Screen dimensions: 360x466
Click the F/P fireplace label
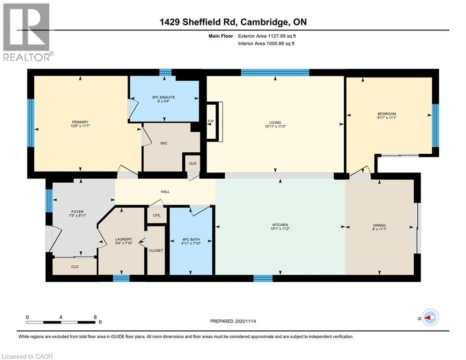point(211,121)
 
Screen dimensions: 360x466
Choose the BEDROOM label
point(387,114)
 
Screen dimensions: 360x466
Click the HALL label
point(165,192)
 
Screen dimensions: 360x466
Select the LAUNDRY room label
point(124,239)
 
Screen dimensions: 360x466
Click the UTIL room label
point(156,216)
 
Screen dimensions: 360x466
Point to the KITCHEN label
point(280,225)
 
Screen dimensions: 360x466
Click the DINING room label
point(379,225)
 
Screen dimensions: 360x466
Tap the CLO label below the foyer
point(74,266)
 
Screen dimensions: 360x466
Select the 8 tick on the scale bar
point(95,317)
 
